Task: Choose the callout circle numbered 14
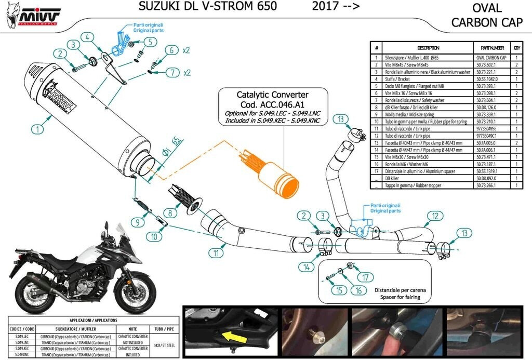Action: (x=307, y=266)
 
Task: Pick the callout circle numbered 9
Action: (x=138, y=222)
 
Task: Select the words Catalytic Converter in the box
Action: (x=272, y=95)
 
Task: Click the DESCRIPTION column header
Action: (x=428, y=48)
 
